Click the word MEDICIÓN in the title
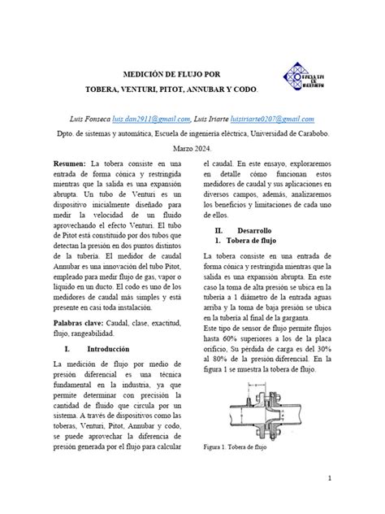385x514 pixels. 144,73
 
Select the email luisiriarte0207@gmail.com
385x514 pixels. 279,119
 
